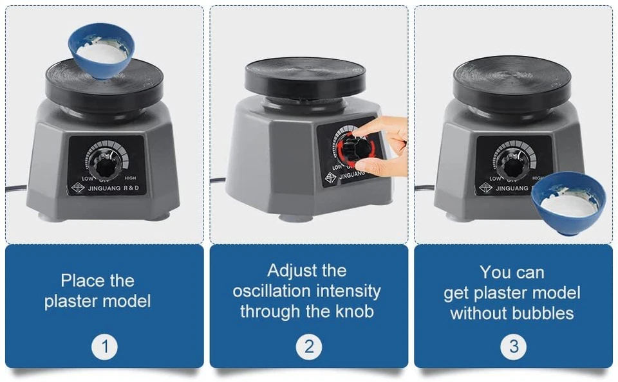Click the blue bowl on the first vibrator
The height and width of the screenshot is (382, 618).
(x=101, y=50)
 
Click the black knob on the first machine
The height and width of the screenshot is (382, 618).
(x=105, y=165)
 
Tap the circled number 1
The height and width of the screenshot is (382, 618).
(x=104, y=347)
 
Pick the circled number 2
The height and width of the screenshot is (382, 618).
(x=309, y=347)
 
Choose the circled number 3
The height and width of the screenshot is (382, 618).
(x=513, y=347)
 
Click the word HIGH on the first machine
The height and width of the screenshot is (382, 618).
(x=130, y=178)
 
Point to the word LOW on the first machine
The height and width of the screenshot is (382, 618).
(x=87, y=179)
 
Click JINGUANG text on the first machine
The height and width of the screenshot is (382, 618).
(x=104, y=188)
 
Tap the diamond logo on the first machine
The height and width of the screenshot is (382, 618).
(x=78, y=188)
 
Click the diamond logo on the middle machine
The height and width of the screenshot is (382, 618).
(x=331, y=178)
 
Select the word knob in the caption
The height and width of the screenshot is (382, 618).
(x=354, y=311)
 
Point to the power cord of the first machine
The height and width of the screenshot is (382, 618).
(x=16, y=189)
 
